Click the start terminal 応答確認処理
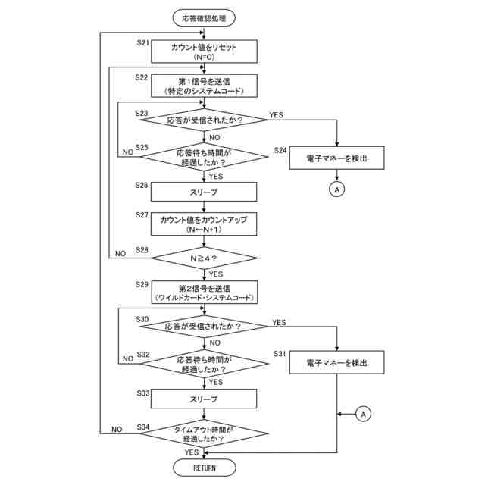tap(205, 17)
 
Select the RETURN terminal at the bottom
tap(205, 468)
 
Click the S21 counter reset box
tap(205, 51)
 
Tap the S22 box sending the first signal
tap(205, 86)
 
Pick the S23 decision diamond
tap(205, 120)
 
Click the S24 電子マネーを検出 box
tap(336, 158)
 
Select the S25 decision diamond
tap(205, 157)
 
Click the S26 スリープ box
tap(205, 192)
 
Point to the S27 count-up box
tap(205, 224)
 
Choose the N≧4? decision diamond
tap(205, 258)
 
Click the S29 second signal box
tap(205, 293)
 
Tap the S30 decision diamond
tap(205, 327)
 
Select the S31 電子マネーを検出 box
tap(336, 364)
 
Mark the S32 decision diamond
tap(205, 364)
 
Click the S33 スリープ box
tap(205, 399)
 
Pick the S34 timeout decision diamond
tap(205, 433)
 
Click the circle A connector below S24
tap(336, 189)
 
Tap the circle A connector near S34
tap(364, 414)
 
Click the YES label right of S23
tap(276, 115)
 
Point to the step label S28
tap(142, 249)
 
